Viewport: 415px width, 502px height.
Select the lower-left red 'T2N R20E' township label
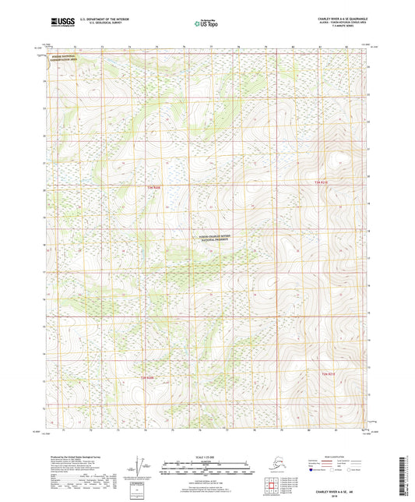click(147, 379)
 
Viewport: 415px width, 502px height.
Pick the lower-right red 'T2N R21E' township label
click(332, 376)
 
